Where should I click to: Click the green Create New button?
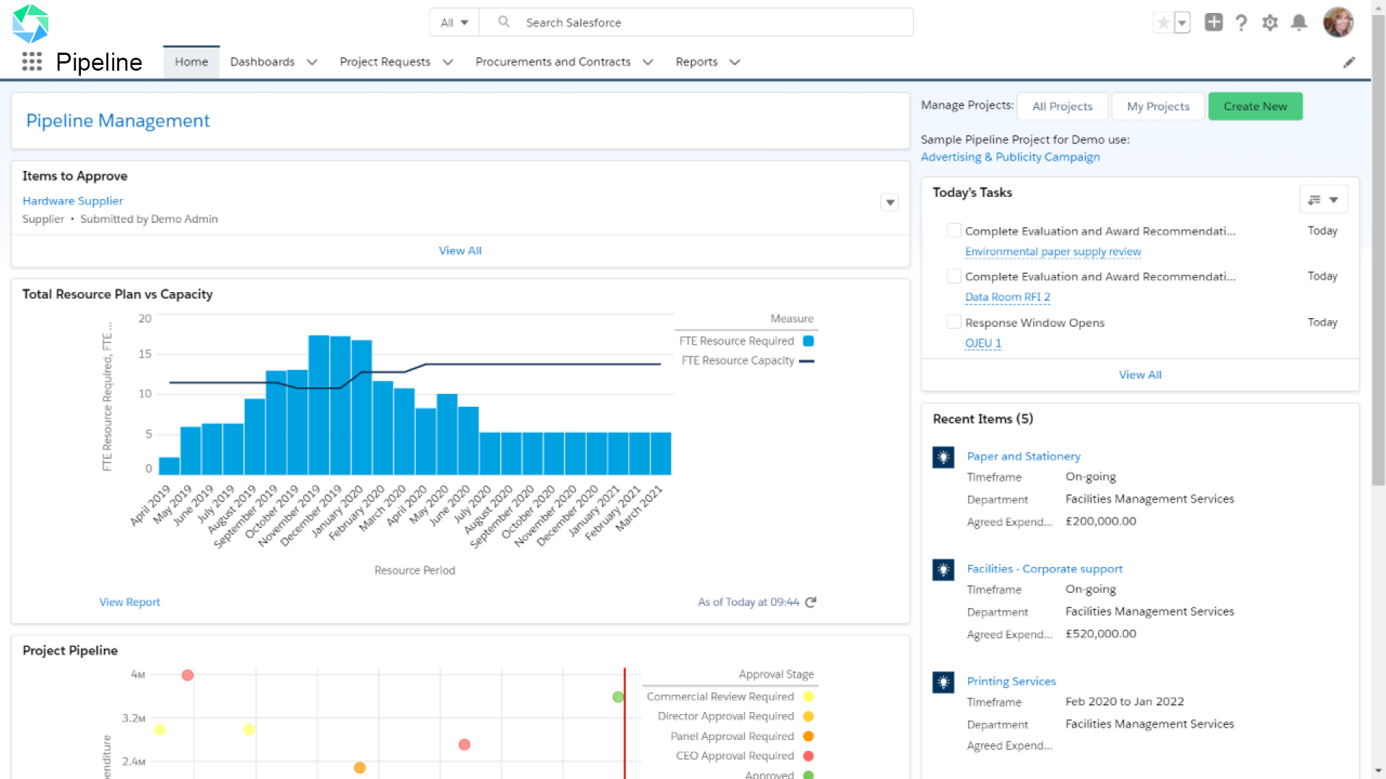tap(1255, 106)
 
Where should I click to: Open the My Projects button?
tap(1157, 106)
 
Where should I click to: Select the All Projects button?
tap(1062, 106)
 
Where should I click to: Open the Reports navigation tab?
tap(696, 62)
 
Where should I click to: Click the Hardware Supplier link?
tap(73, 201)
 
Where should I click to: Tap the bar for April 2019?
tap(169, 466)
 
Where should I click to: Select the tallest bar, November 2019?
tap(318, 404)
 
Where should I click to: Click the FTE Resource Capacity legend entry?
tap(738, 361)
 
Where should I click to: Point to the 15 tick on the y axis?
tap(145, 354)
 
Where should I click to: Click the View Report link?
tap(129, 602)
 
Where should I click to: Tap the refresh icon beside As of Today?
tap(811, 602)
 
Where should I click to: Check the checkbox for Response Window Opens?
tap(954, 322)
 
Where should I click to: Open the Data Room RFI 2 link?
tap(1007, 296)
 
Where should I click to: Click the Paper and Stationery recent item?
tap(1023, 456)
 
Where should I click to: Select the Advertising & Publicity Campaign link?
tap(1010, 157)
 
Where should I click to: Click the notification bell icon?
tap(1298, 22)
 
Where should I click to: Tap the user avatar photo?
tap(1337, 22)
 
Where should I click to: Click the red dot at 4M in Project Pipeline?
tap(188, 675)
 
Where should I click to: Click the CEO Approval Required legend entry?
tap(734, 756)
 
